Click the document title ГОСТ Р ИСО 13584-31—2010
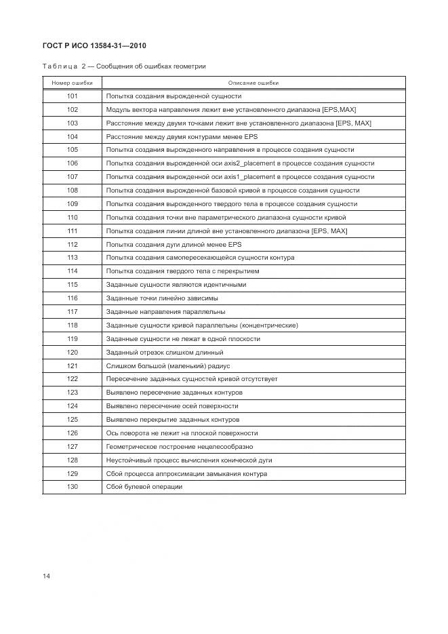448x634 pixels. (x=96, y=45)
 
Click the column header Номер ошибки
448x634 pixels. (x=72, y=83)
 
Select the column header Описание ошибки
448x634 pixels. (x=253, y=83)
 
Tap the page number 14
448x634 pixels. (x=46, y=576)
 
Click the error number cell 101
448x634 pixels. (x=73, y=96)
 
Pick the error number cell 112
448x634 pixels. (x=73, y=244)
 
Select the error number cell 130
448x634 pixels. (x=73, y=487)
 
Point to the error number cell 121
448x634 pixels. (x=73, y=365)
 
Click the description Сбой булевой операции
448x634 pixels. (x=144, y=487)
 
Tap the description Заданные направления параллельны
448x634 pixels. (x=166, y=312)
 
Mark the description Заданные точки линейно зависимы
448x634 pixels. (x=162, y=298)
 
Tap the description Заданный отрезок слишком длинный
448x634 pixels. (x=165, y=353)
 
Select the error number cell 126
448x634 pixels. (x=73, y=433)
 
